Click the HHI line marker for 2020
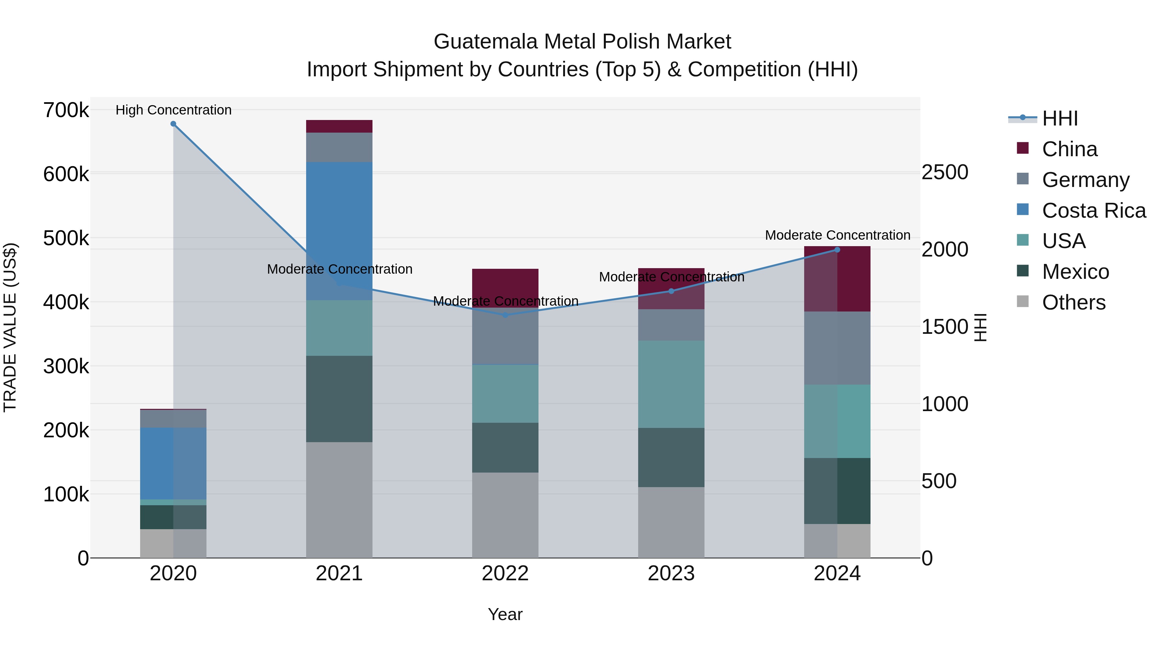[173, 124]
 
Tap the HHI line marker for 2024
[837, 249]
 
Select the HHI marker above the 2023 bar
[671, 291]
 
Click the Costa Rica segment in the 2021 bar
[339, 226]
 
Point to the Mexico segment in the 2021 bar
[339, 399]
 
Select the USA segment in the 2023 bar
[671, 384]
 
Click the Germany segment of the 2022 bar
[505, 337]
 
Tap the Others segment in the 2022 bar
[505, 515]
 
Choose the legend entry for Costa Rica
[1093, 211]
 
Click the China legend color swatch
[1023, 148]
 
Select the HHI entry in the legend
[1060, 118]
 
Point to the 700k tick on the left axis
[66, 110]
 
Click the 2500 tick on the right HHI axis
[945, 172]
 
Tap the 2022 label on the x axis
[505, 573]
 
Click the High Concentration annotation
[173, 110]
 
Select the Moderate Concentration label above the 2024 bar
[837, 235]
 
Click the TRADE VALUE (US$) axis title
[10, 327]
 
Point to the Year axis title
[505, 614]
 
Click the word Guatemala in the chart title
[486, 42]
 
